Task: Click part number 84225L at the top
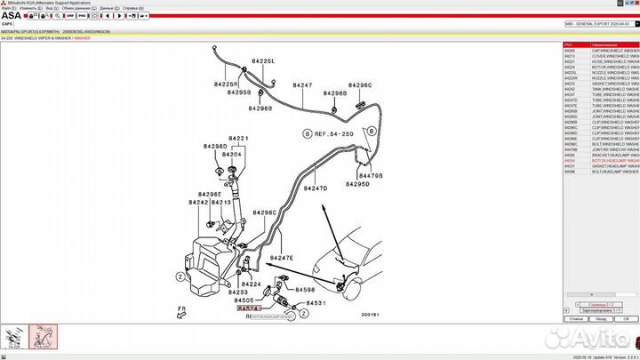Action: click(x=263, y=61)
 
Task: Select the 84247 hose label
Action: click(x=303, y=85)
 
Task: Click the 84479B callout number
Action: click(x=370, y=176)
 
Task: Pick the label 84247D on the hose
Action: click(x=316, y=188)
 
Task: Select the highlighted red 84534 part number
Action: click(x=237, y=308)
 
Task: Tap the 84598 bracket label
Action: click(x=305, y=290)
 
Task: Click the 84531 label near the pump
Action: click(x=317, y=303)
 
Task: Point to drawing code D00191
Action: click(x=370, y=314)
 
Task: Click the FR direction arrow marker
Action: click(x=181, y=310)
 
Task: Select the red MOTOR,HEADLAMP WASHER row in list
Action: click(x=601, y=161)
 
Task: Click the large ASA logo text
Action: click(x=12, y=15)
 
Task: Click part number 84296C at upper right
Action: click(x=360, y=85)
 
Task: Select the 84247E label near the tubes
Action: click(x=282, y=258)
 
